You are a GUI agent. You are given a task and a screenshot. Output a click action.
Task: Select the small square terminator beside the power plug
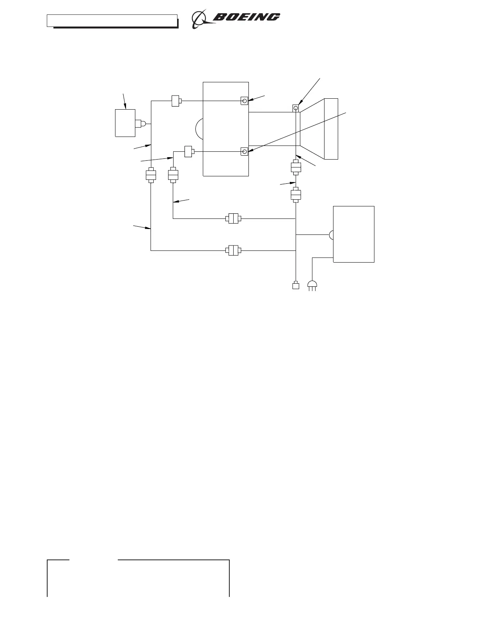(296, 286)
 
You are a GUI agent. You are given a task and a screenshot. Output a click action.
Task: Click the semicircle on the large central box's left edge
(199, 129)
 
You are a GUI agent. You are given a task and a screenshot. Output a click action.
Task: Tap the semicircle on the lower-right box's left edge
(331, 235)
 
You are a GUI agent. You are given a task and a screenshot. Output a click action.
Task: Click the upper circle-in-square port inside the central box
(245, 101)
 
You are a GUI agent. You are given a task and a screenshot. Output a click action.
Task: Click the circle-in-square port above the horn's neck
(296, 108)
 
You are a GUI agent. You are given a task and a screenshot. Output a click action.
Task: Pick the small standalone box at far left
(125, 123)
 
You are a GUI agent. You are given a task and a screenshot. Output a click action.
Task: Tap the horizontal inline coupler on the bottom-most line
(233, 250)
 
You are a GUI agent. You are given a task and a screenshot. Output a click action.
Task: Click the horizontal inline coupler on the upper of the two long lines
(233, 218)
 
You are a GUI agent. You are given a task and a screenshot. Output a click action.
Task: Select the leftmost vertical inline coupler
(151, 175)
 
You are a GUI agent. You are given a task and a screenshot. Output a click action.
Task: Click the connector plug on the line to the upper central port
(176, 101)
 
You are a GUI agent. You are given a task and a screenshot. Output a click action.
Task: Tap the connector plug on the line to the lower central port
(189, 151)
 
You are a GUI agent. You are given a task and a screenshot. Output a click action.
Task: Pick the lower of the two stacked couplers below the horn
(296, 194)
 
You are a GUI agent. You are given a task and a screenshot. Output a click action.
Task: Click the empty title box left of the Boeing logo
(112, 21)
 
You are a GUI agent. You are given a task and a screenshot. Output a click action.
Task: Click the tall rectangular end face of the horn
(331, 129)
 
